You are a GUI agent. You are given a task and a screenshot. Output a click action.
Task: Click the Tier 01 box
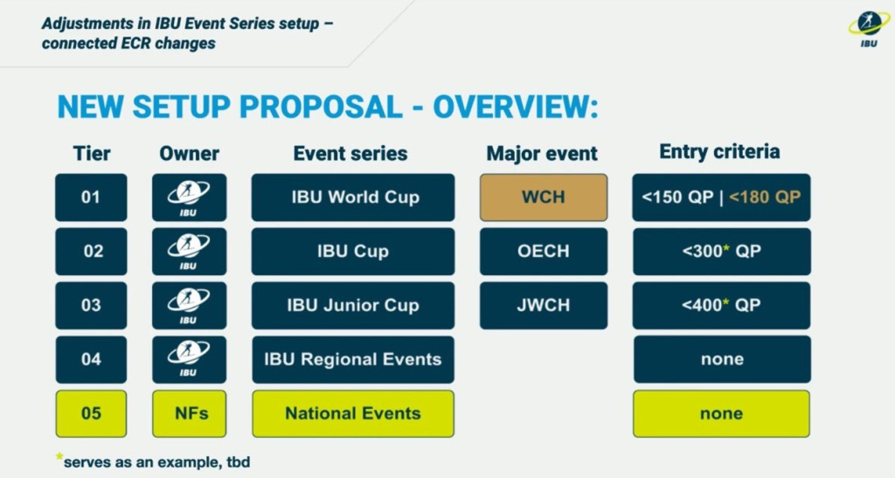point(91,197)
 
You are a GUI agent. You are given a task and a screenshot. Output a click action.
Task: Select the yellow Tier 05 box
point(91,413)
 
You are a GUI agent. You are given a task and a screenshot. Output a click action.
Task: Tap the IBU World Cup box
point(353,197)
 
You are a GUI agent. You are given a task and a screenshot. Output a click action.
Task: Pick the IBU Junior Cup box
point(353,305)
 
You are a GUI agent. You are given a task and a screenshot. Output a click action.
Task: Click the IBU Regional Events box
point(353,359)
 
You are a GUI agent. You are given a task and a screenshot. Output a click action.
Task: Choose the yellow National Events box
point(353,413)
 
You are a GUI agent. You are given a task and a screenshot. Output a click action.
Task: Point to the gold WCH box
point(544,197)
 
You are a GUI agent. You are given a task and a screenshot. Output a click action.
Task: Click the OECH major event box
point(544,251)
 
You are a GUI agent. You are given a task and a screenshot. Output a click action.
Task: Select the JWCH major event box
point(544,305)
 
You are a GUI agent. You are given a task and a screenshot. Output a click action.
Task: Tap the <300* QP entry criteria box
point(721,251)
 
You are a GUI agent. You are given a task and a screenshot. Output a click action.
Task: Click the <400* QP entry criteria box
point(721,305)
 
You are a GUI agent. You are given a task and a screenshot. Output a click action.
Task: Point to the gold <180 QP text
point(765,197)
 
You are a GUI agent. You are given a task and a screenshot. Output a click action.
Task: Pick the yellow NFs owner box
point(189,413)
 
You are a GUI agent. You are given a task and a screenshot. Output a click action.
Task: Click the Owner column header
point(189,154)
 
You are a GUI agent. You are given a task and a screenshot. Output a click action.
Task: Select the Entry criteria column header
point(719,152)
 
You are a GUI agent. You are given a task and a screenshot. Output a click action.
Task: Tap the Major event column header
point(542,154)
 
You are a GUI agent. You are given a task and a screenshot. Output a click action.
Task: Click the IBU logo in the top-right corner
point(869,29)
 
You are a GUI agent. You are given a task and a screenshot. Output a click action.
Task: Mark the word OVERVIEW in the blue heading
point(516,107)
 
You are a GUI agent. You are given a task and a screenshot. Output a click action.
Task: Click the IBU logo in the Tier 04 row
point(189,359)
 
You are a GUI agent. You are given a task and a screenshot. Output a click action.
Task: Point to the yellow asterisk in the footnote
point(59,457)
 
